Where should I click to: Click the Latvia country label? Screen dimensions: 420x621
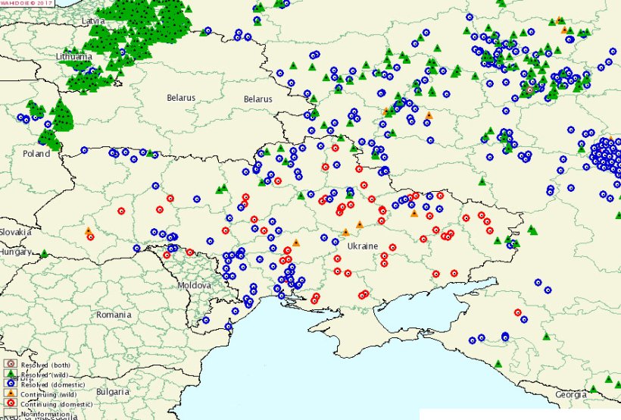[94, 21]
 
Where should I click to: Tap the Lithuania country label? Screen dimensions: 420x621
[74, 57]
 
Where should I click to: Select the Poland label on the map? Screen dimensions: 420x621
[36, 154]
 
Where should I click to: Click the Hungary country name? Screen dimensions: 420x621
[15, 252]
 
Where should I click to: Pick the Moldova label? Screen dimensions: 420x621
[194, 285]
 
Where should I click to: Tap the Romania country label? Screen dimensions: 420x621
[114, 314]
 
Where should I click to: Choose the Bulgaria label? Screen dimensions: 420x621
[112, 393]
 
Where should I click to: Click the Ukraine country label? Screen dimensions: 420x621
[362, 246]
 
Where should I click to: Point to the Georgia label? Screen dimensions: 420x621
[571, 395]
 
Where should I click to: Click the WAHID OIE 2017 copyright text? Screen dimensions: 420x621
[27, 3]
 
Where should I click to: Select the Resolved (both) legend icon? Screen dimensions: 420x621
[9, 365]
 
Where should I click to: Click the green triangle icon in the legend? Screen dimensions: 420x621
[9, 375]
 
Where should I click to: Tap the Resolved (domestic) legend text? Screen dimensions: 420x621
[53, 384]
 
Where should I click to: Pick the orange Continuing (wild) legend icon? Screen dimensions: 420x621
[9, 394]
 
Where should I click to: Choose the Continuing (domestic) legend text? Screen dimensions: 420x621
[56, 403]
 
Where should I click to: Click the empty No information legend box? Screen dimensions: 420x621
[9, 414]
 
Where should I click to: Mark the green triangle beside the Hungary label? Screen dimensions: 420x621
[44, 254]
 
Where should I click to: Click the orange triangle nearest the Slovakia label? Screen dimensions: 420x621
[88, 230]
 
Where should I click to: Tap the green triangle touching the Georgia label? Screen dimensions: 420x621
[593, 389]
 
